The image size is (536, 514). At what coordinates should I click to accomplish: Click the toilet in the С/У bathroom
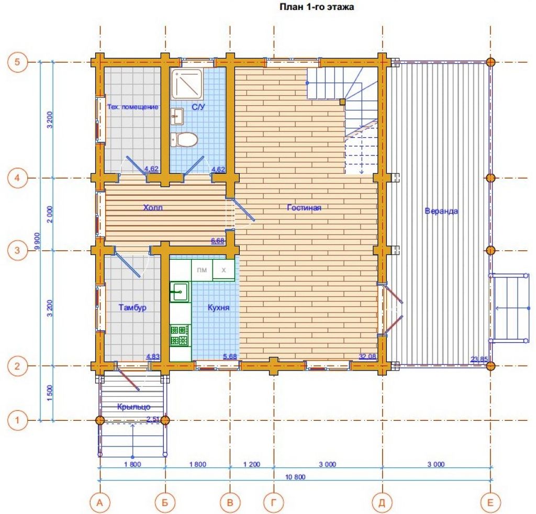click(184, 139)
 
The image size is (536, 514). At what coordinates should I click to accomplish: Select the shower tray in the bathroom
click(187, 84)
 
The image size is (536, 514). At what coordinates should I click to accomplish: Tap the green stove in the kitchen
click(180, 336)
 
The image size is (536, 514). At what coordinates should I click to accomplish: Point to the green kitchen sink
click(180, 292)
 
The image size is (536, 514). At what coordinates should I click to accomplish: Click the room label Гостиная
click(304, 207)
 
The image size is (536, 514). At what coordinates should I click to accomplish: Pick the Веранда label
click(441, 211)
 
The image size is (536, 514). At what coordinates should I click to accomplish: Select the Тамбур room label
click(132, 307)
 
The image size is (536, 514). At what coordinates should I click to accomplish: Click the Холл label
click(153, 207)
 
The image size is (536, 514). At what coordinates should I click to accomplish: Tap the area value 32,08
click(367, 356)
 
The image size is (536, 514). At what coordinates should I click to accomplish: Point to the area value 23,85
click(479, 359)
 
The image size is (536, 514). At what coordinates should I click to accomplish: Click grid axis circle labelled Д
click(382, 502)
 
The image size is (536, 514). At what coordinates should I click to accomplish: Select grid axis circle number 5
click(17, 62)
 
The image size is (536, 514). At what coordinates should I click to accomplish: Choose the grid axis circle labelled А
click(100, 502)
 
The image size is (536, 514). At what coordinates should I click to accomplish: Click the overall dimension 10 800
click(295, 477)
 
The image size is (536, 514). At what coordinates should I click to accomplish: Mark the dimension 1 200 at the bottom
click(252, 464)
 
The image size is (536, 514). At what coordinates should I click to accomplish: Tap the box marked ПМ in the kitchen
click(202, 270)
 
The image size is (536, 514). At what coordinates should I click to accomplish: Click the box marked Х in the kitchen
click(224, 270)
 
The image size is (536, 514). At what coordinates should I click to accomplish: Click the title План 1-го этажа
click(317, 7)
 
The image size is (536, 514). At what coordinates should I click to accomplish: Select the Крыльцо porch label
click(133, 407)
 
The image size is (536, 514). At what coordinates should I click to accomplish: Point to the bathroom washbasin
click(177, 117)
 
